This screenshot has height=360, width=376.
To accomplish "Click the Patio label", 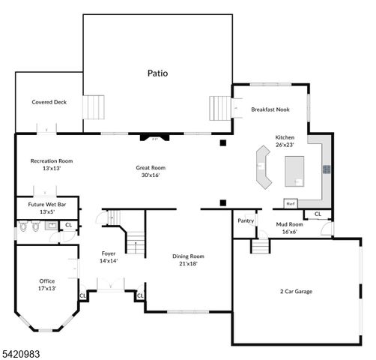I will coord(157,73).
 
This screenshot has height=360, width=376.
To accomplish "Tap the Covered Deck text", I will coord(49,102).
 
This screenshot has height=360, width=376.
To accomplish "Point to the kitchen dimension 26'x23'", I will coord(285,145).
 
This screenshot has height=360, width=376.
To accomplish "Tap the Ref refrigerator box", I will coord(290,203).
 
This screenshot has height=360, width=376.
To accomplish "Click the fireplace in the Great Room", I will coord(156,138).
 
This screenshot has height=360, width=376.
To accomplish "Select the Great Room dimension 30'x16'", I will coord(151,175).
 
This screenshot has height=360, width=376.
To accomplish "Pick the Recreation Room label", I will coord(51,160).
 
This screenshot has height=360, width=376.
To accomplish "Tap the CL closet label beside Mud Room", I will coord(318,214).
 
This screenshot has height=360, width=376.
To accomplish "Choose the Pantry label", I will coord(246,220).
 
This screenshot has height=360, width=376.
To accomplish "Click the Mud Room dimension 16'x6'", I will coord(289,232).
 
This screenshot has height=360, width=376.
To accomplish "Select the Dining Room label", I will coord(187,256).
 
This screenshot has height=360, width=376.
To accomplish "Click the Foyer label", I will coord(109,253).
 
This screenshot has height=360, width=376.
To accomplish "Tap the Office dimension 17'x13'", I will coord(46,288).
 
